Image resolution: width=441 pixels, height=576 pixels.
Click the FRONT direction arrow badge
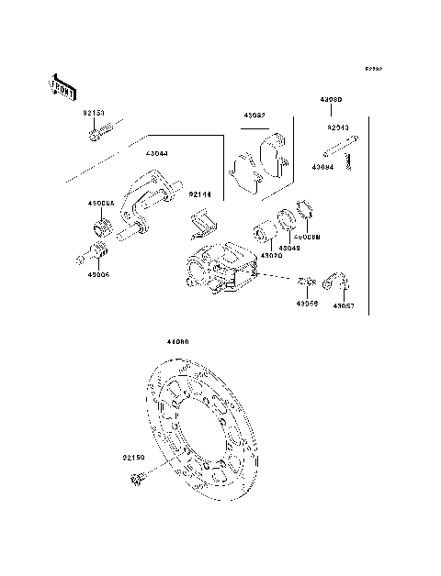(x=62, y=86)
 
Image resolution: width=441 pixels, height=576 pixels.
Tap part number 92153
(x=94, y=115)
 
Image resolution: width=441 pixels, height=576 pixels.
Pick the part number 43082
(x=254, y=116)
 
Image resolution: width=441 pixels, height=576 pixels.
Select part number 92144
(x=201, y=194)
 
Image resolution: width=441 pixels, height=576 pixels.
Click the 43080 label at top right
(x=332, y=97)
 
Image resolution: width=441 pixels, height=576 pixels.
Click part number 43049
(x=290, y=248)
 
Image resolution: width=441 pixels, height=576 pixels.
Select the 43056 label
(x=307, y=303)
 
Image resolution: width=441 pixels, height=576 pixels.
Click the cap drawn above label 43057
(x=339, y=282)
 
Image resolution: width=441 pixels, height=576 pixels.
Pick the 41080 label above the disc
(x=177, y=341)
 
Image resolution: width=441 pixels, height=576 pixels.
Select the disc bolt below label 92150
(x=141, y=478)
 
